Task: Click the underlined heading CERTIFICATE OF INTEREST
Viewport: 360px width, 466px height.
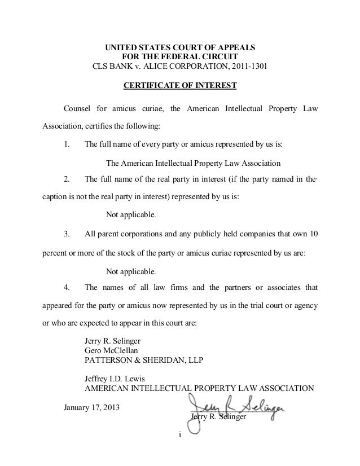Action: click(179, 86)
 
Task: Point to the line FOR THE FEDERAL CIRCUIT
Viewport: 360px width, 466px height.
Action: click(180, 56)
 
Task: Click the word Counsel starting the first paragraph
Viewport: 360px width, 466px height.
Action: click(80, 107)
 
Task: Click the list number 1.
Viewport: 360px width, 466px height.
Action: click(67, 144)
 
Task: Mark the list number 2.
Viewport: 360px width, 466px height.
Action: click(67, 179)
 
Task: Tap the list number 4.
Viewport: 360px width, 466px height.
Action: click(67, 288)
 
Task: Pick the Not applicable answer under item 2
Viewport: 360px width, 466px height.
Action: click(131, 216)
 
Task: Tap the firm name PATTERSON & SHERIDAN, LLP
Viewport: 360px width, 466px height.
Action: click(144, 359)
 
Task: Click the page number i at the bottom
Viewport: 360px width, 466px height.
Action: click(179, 435)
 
